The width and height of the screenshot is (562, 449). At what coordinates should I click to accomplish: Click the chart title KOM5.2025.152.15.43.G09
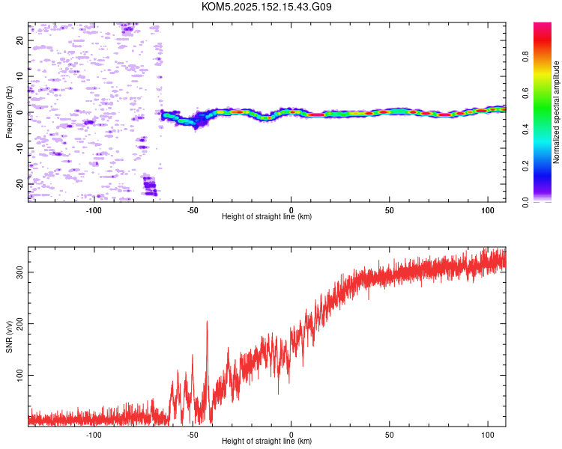pos(266,7)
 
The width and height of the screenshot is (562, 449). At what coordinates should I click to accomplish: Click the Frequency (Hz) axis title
pos(9,112)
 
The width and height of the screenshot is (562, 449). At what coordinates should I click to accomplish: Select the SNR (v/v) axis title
pos(9,337)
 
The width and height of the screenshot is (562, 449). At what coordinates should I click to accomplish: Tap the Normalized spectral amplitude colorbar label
pos(556,112)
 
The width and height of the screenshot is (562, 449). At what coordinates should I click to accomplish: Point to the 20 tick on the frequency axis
pos(19,40)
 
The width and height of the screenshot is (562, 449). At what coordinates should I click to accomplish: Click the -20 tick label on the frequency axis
pos(19,185)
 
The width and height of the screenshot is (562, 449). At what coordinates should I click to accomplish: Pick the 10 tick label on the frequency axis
pos(19,76)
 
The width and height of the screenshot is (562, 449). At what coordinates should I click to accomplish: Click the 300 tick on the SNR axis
pos(19,272)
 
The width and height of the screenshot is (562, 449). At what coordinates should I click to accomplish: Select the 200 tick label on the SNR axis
pos(19,324)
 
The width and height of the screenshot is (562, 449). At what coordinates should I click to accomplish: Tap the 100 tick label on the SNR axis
pos(19,375)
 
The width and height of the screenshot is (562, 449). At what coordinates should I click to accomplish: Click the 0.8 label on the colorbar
pos(525,57)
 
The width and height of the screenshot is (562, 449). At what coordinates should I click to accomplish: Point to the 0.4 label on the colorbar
pos(525,129)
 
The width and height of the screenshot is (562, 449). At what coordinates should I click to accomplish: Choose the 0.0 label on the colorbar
pos(525,202)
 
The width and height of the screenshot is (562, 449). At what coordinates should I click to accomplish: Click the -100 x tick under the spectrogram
pos(94,210)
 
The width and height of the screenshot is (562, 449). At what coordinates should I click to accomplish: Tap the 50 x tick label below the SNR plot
pos(389,435)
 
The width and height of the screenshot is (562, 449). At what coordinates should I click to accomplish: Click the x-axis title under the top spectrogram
pos(267,216)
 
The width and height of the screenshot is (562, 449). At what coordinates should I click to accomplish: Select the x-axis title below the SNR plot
pos(267,441)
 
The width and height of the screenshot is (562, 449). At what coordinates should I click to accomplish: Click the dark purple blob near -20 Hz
pos(150,186)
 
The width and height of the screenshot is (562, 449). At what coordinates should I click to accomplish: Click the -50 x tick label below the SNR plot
pos(193,435)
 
